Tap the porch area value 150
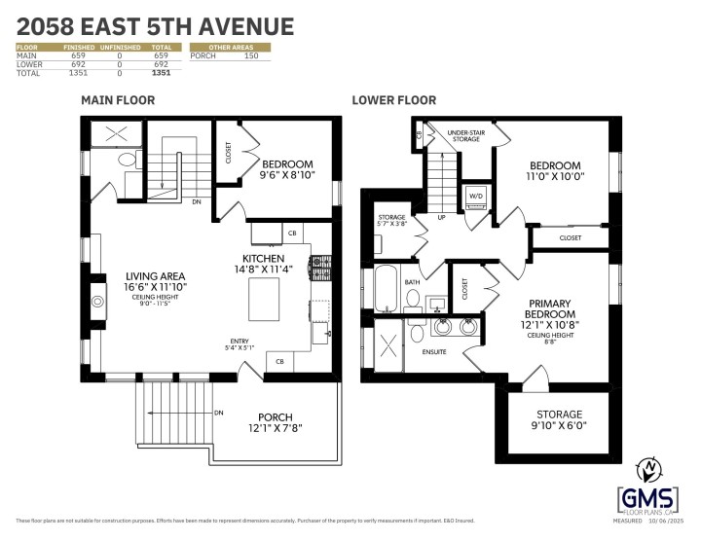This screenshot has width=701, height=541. [250, 56]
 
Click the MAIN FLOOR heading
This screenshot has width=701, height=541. [117, 100]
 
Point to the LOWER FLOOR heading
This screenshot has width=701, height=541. [393, 100]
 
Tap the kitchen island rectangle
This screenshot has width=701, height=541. [267, 299]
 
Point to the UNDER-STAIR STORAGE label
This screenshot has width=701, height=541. [465, 135]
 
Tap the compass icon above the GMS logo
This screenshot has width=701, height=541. [646, 469]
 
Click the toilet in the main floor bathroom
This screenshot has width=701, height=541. [126, 161]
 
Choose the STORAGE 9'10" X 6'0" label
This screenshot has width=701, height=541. [558, 419]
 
